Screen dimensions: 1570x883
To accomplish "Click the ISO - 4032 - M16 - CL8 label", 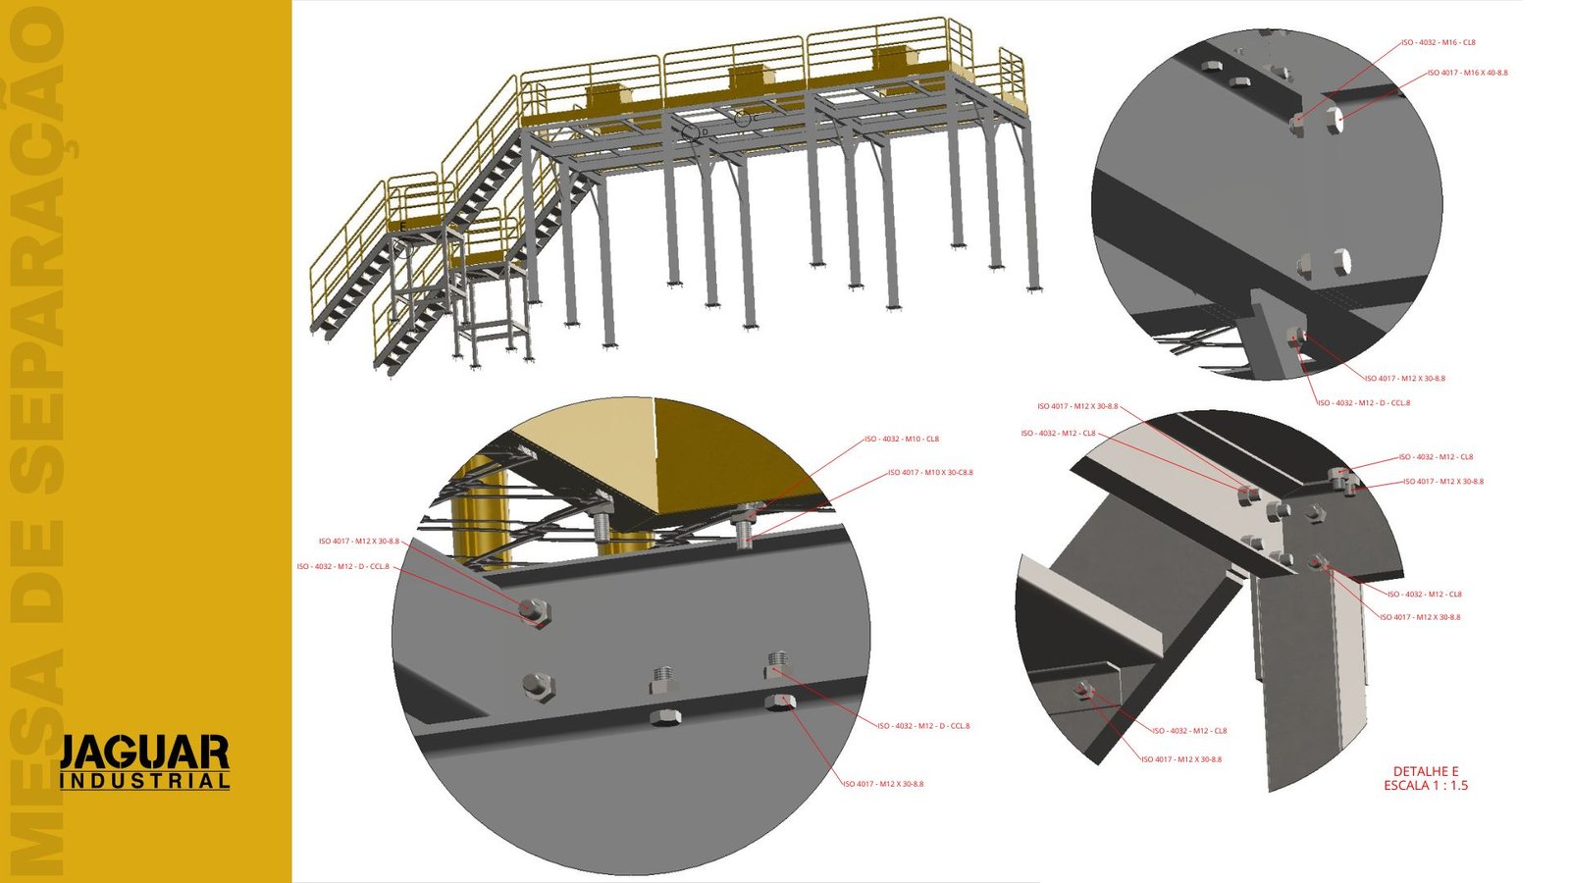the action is [1439, 42].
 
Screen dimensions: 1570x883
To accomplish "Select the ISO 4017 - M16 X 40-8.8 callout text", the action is [1468, 73].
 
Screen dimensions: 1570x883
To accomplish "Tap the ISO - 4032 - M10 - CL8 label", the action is [902, 439].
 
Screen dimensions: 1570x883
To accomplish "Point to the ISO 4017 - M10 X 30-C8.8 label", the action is [930, 472].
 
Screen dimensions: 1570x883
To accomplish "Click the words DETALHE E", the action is [1426, 771].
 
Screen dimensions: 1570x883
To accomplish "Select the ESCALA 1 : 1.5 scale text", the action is [1426, 786].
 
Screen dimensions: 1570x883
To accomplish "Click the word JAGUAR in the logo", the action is [144, 753].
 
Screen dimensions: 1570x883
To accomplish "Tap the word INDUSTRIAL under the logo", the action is [144, 782].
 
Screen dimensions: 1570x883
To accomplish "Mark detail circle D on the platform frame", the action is [693, 130].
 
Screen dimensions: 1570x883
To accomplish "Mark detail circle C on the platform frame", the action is [744, 117].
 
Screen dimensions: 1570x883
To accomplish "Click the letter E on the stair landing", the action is [401, 227].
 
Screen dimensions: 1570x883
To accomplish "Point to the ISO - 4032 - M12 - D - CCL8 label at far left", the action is [343, 566].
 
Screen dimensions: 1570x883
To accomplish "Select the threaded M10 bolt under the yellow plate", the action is [746, 531].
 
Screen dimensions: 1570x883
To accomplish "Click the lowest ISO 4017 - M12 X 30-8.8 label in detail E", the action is [1181, 759].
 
